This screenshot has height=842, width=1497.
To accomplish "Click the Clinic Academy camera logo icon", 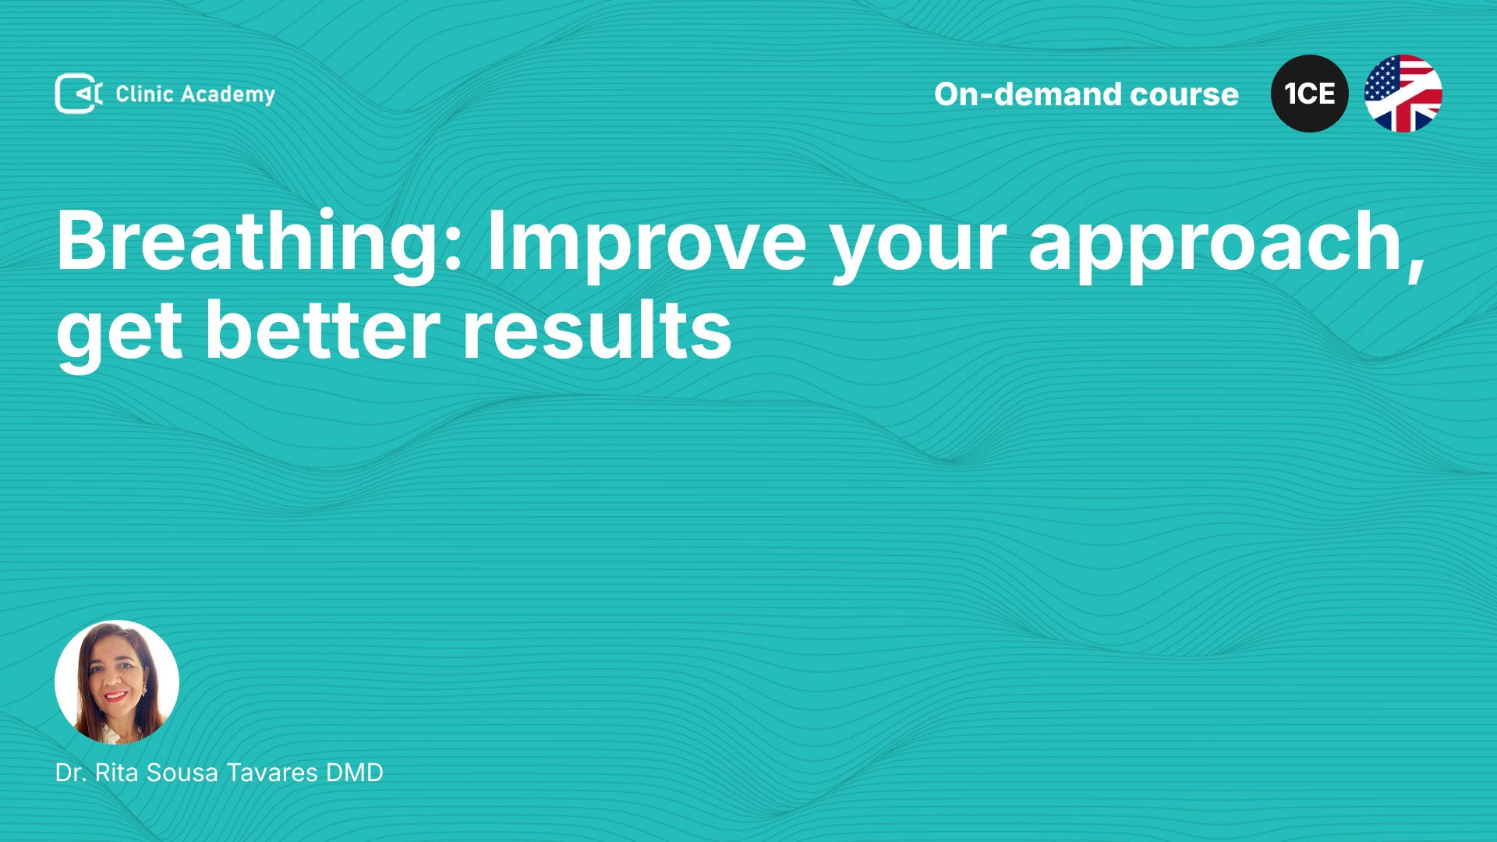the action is pyautogui.click(x=79, y=94).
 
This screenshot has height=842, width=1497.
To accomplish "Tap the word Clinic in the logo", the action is pyautogui.click(x=144, y=94).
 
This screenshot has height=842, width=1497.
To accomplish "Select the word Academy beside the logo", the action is pyautogui.click(x=228, y=95).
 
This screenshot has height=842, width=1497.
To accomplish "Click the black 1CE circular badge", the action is pyautogui.click(x=1310, y=94).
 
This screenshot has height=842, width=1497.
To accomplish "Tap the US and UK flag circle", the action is pyautogui.click(x=1403, y=94).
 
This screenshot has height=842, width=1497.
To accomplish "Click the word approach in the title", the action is pyautogui.click(x=1226, y=244).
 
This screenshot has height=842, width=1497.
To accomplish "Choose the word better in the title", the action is pyautogui.click(x=323, y=330).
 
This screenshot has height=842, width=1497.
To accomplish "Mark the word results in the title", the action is pyautogui.click(x=597, y=330).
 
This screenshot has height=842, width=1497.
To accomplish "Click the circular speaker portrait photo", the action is pyautogui.click(x=117, y=682).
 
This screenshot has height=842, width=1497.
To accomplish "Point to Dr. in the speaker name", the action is pyautogui.click(x=71, y=773).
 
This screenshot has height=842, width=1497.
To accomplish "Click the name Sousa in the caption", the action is pyautogui.click(x=182, y=773).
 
